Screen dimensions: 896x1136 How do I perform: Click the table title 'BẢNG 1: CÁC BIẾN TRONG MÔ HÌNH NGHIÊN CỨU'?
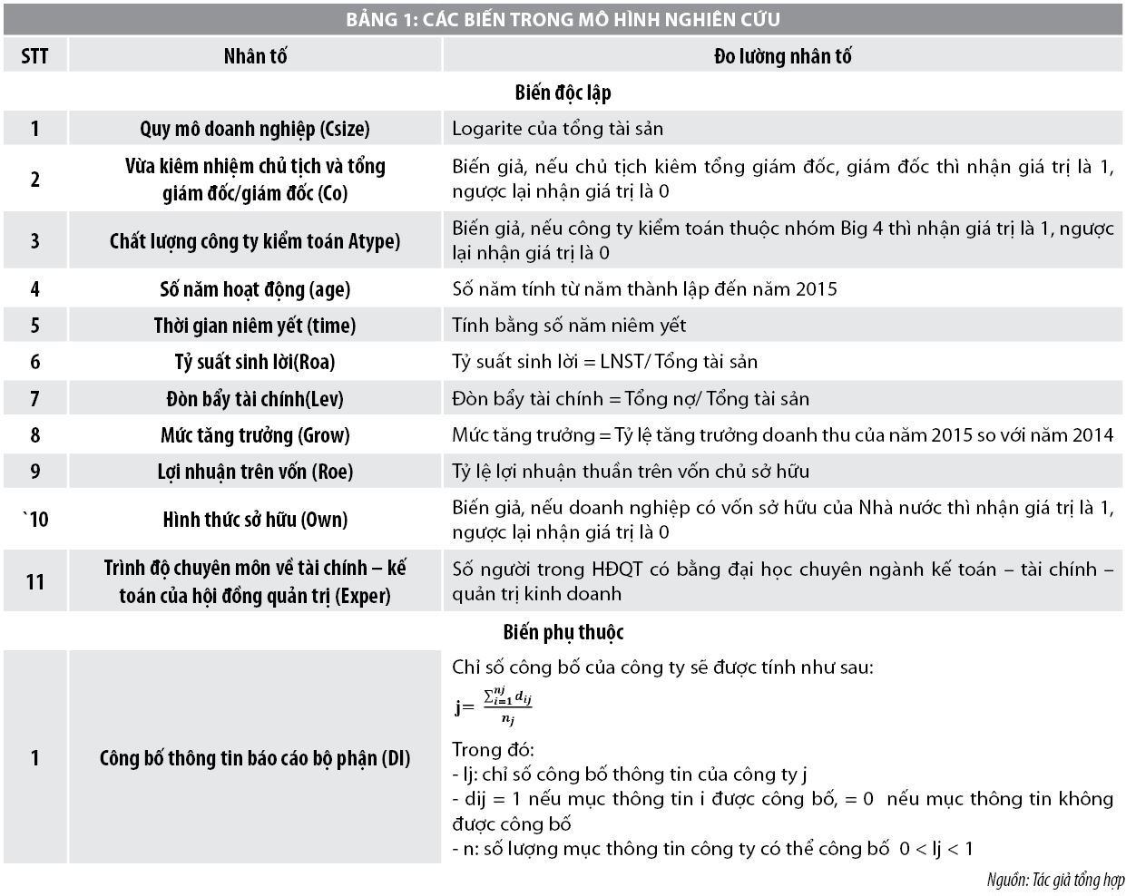pos(563,19)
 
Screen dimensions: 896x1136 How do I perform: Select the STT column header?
pos(34,56)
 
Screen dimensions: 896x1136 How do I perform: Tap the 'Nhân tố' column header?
pos(255,56)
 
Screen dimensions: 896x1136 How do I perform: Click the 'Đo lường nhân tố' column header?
pos(782,56)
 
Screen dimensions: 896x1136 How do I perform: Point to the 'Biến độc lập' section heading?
pos(563,93)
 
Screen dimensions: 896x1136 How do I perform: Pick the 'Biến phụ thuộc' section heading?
pos(563,632)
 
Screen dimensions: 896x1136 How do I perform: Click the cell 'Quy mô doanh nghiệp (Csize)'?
pos(255,129)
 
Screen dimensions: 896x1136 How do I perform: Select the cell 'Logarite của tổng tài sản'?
pos(557,129)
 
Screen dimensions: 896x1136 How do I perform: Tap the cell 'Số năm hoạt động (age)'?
pos(255,289)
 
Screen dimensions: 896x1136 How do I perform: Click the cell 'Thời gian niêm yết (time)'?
pos(255,326)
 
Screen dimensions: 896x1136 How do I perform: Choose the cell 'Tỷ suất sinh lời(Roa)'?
pos(255,362)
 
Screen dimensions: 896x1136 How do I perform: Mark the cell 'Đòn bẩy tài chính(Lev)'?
pos(255,399)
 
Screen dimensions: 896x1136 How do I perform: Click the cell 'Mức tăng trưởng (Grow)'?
pos(255,435)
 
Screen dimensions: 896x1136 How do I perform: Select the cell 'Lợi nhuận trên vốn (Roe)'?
pos(255,472)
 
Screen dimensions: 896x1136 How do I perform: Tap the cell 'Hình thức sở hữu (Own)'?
pos(255,520)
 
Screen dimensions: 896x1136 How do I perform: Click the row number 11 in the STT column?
pos(34,581)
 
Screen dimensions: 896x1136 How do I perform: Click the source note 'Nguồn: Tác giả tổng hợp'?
pos(1055,880)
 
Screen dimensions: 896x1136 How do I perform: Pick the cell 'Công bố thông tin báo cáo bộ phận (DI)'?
pos(255,758)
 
